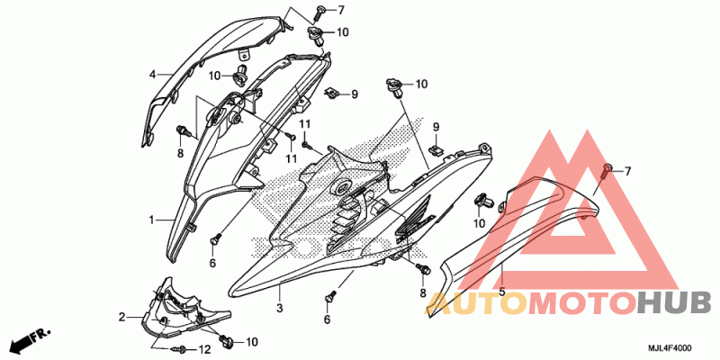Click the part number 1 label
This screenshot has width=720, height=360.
click(x=151, y=220)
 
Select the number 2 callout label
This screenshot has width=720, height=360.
click(x=121, y=317)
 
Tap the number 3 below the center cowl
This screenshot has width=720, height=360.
click(x=279, y=307)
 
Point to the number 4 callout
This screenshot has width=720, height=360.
click(x=152, y=74)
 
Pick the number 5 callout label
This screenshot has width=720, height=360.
click(x=502, y=292)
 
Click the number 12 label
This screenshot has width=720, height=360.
click(x=205, y=350)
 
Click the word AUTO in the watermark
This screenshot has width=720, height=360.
click(x=476, y=304)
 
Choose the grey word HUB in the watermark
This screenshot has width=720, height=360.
click(x=675, y=304)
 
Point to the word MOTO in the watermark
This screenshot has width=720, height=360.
click(x=583, y=304)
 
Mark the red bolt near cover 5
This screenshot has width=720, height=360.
click(x=605, y=172)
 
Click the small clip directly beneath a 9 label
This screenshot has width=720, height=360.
click(x=436, y=148)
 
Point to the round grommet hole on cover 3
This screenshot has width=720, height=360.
click(x=343, y=187)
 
